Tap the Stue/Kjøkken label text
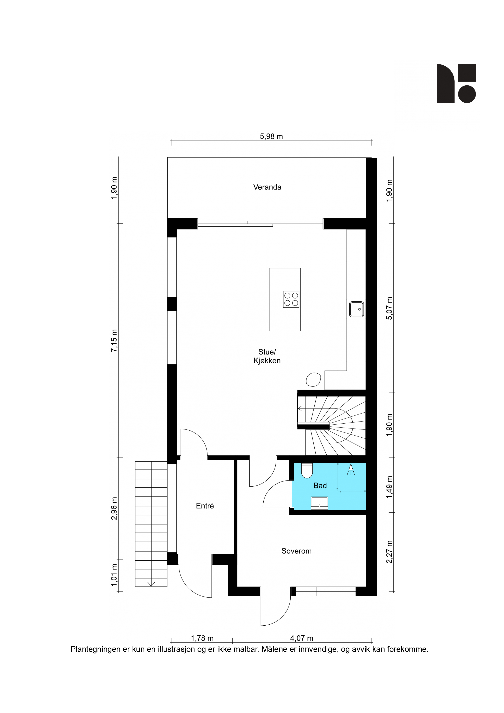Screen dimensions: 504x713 (267, 356)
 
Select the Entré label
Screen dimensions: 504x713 (205, 506)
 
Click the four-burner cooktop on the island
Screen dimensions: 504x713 (291, 299)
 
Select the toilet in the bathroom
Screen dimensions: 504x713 (307, 471)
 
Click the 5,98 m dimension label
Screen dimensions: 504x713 (272, 136)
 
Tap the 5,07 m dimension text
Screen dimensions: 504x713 (389, 308)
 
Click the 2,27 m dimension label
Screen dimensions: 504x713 (389, 552)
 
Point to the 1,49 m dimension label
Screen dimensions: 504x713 (389, 487)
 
